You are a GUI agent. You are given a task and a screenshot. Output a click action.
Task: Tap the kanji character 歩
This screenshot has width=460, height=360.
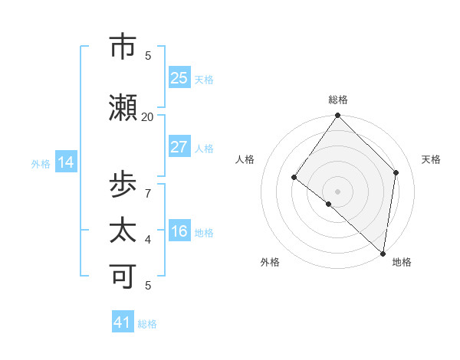(123, 185)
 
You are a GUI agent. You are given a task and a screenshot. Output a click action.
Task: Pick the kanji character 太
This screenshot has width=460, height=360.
(123, 231)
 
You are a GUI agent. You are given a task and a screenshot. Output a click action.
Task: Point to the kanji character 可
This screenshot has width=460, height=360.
(123, 277)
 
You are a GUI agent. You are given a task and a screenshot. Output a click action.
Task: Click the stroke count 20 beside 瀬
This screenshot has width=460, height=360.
(148, 116)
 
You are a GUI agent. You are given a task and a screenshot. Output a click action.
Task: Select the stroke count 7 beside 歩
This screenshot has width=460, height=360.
(148, 193)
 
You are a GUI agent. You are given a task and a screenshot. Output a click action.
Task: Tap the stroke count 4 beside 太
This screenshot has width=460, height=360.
(148, 239)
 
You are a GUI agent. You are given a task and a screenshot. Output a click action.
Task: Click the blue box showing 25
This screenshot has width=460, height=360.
(179, 78)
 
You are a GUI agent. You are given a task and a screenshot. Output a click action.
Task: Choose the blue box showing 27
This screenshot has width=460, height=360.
(179, 147)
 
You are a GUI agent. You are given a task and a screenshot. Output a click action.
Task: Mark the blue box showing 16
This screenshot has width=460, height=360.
(179, 231)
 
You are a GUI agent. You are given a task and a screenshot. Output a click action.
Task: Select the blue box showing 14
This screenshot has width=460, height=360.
(65, 162)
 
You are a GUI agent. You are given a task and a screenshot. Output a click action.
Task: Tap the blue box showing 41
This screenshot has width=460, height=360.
(123, 322)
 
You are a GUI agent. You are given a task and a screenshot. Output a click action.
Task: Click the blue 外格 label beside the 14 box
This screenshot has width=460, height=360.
(41, 163)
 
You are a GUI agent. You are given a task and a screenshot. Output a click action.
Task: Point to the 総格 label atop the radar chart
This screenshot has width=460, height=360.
(338, 100)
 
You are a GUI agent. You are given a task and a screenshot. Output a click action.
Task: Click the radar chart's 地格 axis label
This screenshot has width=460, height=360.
(402, 262)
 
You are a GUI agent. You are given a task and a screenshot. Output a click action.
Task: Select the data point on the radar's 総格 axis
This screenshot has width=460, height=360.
(338, 116)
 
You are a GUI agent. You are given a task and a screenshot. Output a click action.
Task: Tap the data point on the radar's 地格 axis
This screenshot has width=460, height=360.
(383, 253)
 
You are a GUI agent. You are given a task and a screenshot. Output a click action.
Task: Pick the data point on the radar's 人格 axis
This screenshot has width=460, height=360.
(294, 178)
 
